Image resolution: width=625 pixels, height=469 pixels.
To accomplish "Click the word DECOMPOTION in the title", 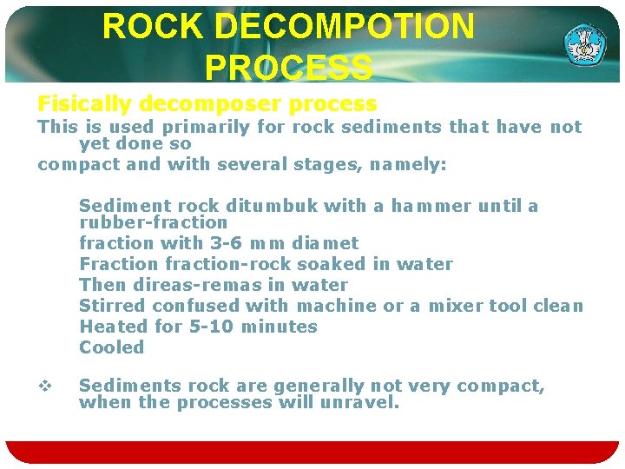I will click(344, 27).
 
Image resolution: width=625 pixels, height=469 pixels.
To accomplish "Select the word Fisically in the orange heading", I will click(84, 104).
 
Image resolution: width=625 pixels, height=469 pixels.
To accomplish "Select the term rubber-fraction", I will click(153, 222).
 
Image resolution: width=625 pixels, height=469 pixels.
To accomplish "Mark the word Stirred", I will click(112, 306).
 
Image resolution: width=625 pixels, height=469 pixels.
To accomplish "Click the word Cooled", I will click(112, 347).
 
